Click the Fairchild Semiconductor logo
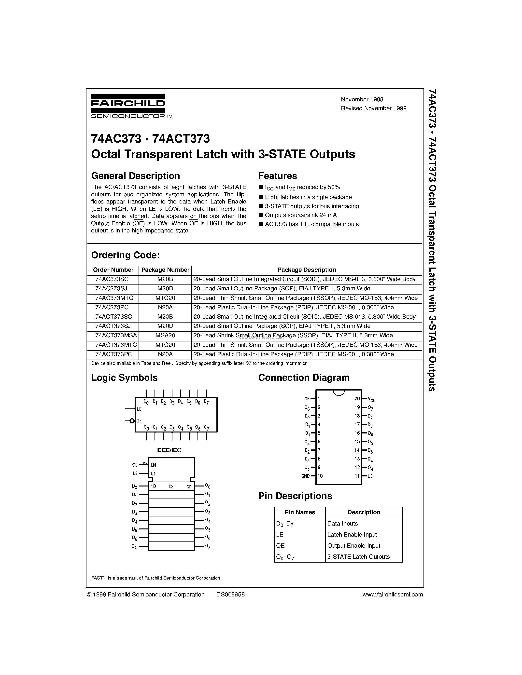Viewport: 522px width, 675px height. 128,106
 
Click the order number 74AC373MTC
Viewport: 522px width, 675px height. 114,298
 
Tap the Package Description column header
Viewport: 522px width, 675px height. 307,270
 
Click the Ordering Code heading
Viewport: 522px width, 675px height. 125,255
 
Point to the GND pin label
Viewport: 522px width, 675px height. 305,476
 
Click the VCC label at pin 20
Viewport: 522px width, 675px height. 371,399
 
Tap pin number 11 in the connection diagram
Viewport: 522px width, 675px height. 357,476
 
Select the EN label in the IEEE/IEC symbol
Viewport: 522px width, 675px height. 153,465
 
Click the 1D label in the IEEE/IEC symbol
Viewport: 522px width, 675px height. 153,486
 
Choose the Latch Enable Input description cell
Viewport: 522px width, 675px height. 352,535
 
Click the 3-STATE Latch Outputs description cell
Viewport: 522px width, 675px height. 358,557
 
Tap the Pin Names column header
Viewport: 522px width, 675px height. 300,513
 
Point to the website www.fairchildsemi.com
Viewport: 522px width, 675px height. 393,594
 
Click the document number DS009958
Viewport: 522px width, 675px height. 230,594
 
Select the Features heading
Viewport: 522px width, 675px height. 277,176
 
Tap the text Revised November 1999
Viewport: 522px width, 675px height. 374,108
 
